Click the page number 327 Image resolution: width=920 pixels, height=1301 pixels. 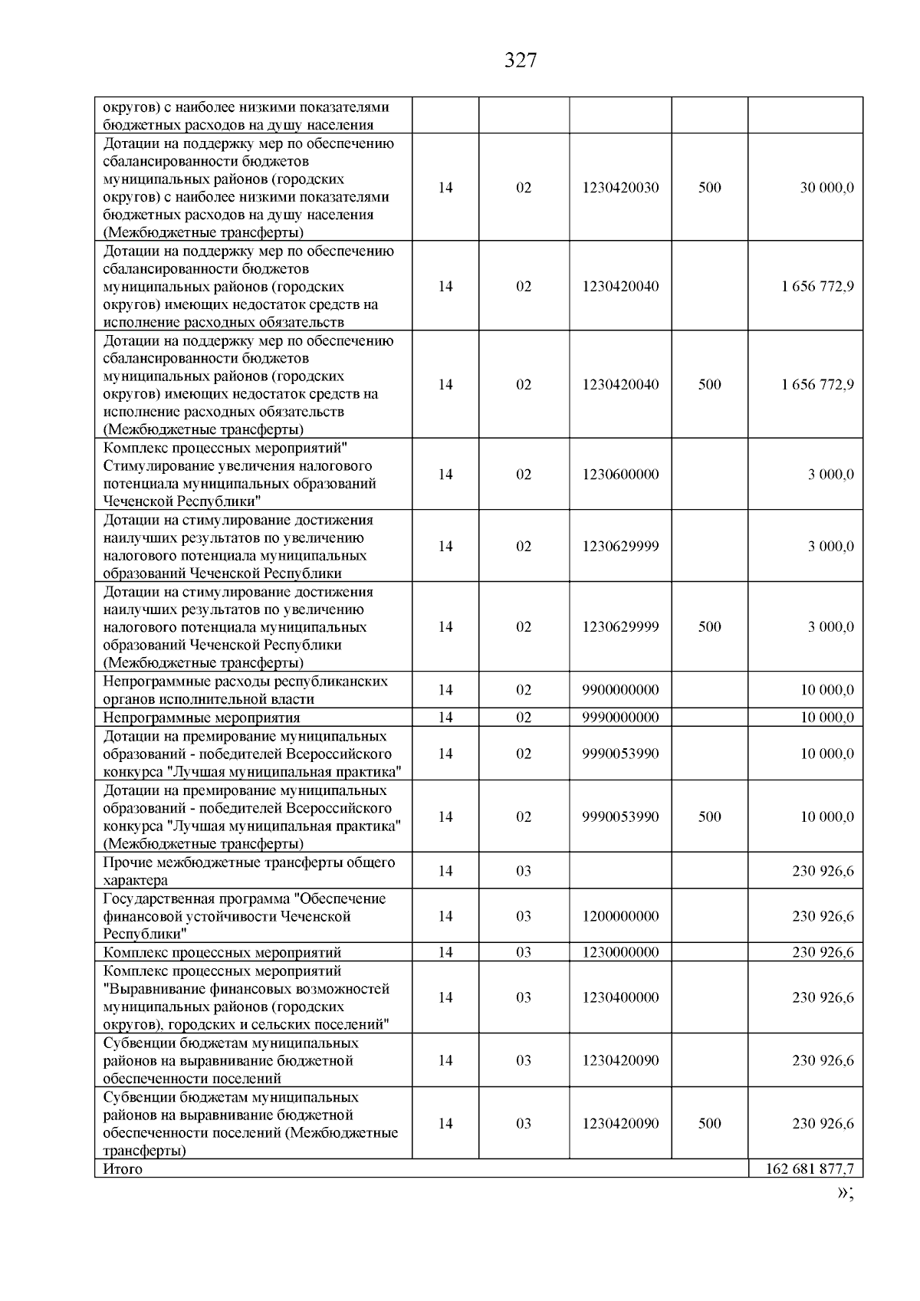pyautogui.click(x=521, y=61)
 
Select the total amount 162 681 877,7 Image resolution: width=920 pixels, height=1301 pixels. pyautogui.click(x=810, y=1169)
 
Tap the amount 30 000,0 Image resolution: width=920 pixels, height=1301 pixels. pyautogui.click(x=826, y=188)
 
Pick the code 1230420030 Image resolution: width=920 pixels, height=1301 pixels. pyautogui.click(x=620, y=188)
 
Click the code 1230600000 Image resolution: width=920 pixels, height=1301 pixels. pyautogui.click(x=620, y=475)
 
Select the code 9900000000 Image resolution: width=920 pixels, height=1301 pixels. pyautogui.click(x=620, y=690)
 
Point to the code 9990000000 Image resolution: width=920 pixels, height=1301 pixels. pyautogui.click(x=620, y=718)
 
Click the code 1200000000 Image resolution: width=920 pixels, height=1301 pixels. pyautogui.click(x=620, y=916)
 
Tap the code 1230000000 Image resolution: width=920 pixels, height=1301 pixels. pyautogui.click(x=620, y=952)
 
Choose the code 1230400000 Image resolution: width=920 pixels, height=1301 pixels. pyautogui.click(x=620, y=997)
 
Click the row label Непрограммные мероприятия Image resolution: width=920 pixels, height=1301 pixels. pyautogui.click(x=202, y=718)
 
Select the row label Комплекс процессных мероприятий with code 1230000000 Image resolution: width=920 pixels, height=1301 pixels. pyautogui.click(x=222, y=952)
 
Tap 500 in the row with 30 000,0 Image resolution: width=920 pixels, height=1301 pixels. pyautogui.click(x=709, y=188)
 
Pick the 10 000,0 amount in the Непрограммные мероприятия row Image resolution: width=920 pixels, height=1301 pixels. pyautogui.click(x=826, y=718)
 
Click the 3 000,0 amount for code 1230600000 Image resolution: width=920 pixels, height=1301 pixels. pyautogui.click(x=830, y=475)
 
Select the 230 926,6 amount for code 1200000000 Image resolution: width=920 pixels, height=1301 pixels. pyautogui.click(x=823, y=916)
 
